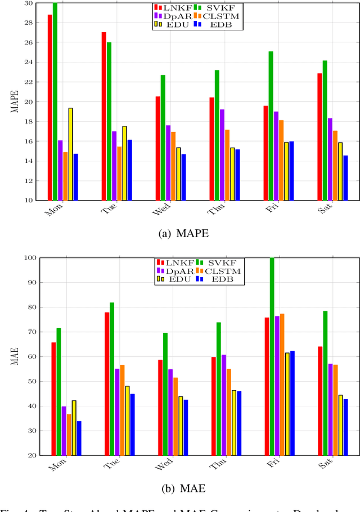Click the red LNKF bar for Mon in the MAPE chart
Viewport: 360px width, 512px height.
coord(49,107)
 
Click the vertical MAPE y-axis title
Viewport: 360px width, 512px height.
coord(15,102)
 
